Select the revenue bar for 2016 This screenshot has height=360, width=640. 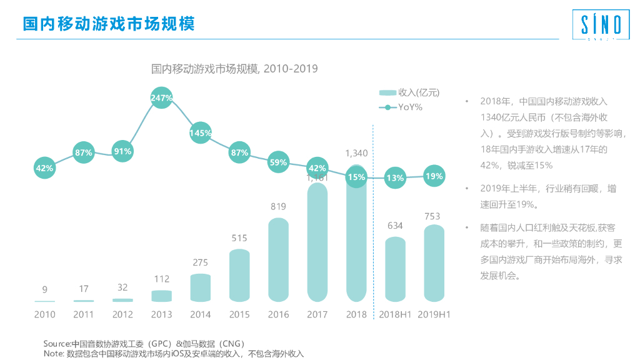click(278, 259)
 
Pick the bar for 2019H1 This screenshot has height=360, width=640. click(434, 262)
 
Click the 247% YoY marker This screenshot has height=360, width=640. click(161, 98)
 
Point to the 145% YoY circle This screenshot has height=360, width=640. click(201, 133)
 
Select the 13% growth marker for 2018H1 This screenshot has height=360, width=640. click(395, 177)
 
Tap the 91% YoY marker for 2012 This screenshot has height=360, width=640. click(122, 151)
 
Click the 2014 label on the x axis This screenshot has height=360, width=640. click(201, 314)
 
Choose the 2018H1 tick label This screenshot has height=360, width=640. click(395, 314)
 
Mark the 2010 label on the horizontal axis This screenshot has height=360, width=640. click(44, 314)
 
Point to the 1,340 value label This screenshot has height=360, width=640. click(356, 153)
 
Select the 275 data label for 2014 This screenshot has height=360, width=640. click(201, 262)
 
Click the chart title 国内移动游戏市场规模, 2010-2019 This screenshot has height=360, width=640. click(234, 69)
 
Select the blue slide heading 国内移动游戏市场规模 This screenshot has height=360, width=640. click(109, 24)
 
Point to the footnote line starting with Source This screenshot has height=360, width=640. click(144, 344)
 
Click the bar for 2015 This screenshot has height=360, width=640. click(239, 275)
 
